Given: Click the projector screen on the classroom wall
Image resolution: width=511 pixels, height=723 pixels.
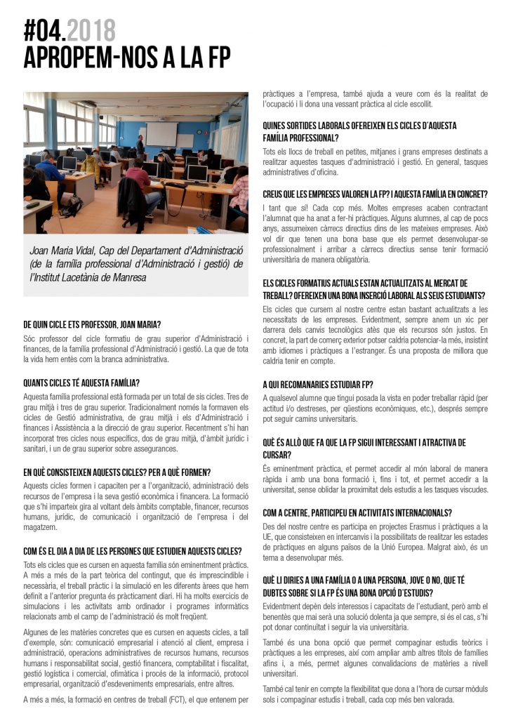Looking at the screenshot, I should pyautogui.click(x=161, y=133).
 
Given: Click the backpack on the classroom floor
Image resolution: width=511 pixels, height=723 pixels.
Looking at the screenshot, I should pyautogui.click(x=72, y=206).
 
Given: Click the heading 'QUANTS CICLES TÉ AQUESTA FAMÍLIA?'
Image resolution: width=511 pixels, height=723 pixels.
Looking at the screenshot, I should pyautogui.click(x=81, y=383).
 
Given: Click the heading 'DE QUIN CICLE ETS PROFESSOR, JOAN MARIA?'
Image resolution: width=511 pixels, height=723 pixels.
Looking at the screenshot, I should pyautogui.click(x=92, y=324).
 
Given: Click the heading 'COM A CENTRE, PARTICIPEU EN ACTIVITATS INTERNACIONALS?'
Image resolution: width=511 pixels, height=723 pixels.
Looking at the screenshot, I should pyautogui.click(x=357, y=512).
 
